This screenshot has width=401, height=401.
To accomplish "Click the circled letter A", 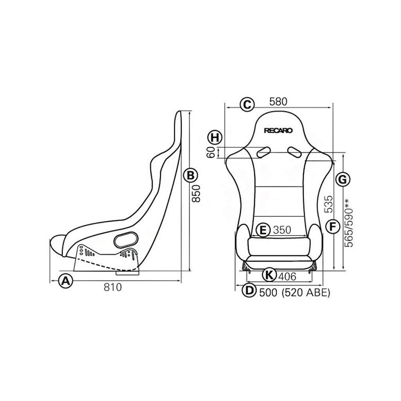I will (66, 281).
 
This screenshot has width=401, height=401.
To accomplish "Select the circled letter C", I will (247, 104).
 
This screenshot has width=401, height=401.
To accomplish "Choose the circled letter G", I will (342, 180).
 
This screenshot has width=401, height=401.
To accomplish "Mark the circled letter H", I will (215, 137).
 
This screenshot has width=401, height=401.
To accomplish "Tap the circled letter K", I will (269, 275).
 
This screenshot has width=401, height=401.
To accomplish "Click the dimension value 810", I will (113, 287).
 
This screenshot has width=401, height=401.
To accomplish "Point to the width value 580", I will (278, 102).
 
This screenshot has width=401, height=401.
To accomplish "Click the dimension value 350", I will (282, 230).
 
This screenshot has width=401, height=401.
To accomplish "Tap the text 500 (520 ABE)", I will (295, 292).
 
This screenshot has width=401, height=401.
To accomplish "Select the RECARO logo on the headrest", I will (278, 131).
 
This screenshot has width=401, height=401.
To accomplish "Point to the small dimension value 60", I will (211, 153).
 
